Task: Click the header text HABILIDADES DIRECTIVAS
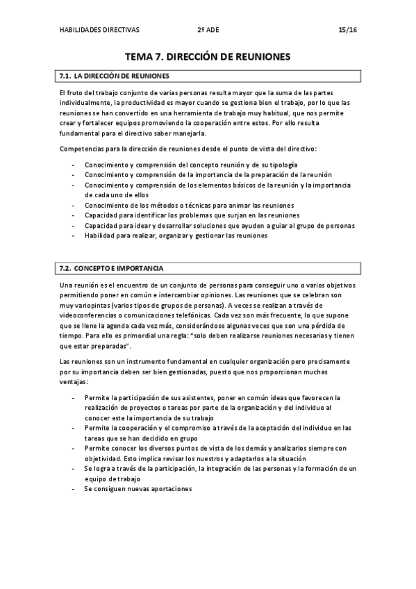click(99, 30)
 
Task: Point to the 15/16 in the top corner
click(347, 30)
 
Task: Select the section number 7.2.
click(65, 267)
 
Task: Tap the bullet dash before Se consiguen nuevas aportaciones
click(74, 488)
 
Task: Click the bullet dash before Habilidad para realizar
click(74, 235)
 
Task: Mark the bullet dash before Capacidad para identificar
click(74, 215)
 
